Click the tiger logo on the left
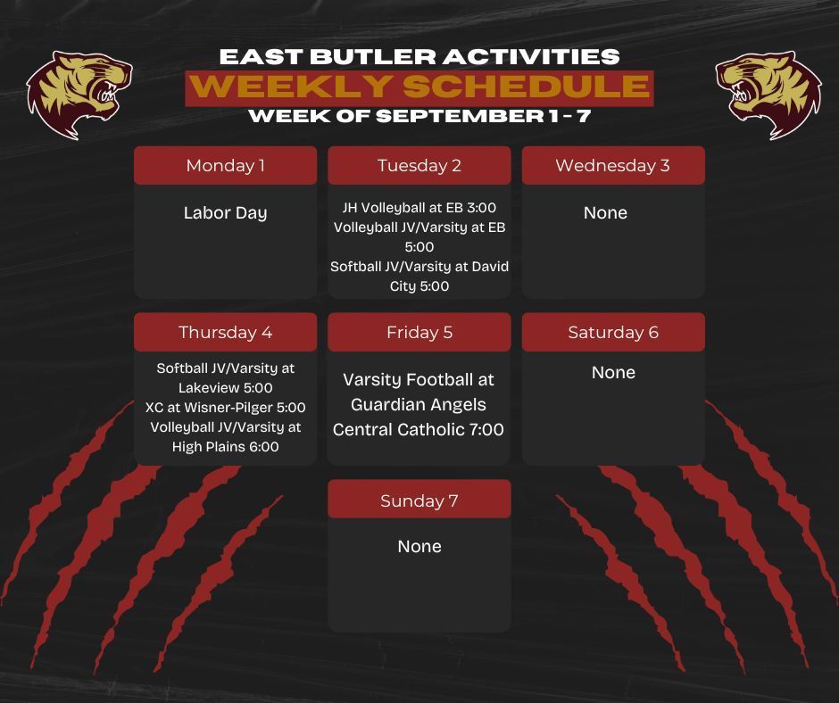[x=79, y=94]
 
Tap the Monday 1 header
[x=225, y=165]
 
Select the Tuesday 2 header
[x=419, y=165]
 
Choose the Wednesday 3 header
[x=612, y=165]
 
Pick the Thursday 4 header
[x=225, y=332]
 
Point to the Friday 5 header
[x=419, y=332]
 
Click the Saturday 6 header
[x=612, y=332]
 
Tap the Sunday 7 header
[x=419, y=500]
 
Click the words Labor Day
[x=225, y=213]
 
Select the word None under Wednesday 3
[x=605, y=213]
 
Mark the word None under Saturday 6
[x=613, y=372]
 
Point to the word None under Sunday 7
[x=419, y=546]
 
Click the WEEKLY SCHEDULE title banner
[x=419, y=87]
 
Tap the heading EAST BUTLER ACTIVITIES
[x=419, y=56]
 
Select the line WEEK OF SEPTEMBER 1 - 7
[x=419, y=116]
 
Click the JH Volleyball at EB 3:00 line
[x=419, y=208]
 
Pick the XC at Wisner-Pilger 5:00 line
[x=225, y=407]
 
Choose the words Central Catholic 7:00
[x=419, y=429]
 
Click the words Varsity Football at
[x=419, y=379]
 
